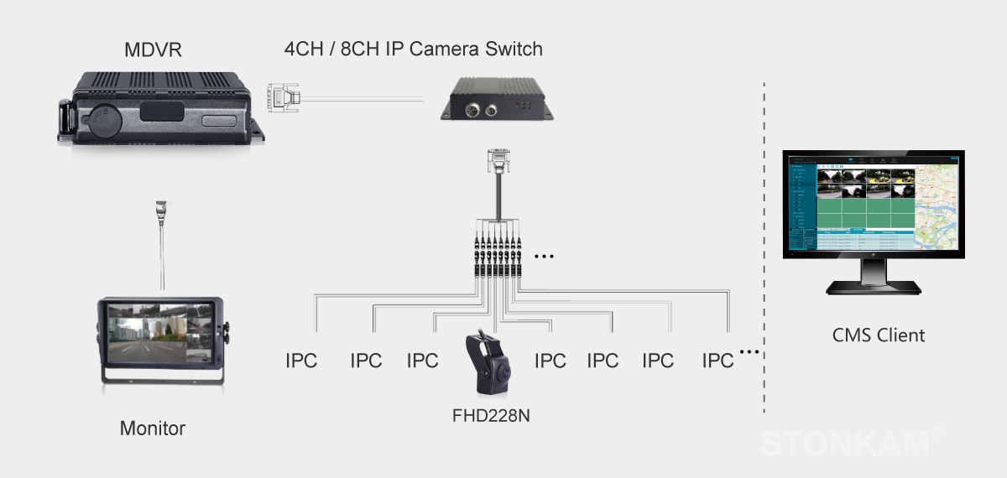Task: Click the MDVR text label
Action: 153,51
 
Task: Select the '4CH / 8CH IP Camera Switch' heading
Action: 413,49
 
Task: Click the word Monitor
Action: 152,429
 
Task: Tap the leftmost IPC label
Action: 301,361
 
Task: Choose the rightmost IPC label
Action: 717,361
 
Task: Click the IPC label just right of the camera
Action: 550,361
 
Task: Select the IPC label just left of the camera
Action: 422,361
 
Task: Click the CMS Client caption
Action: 878,335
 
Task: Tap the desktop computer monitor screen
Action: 873,204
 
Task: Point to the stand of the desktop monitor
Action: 874,277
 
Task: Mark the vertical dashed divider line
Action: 764,252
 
